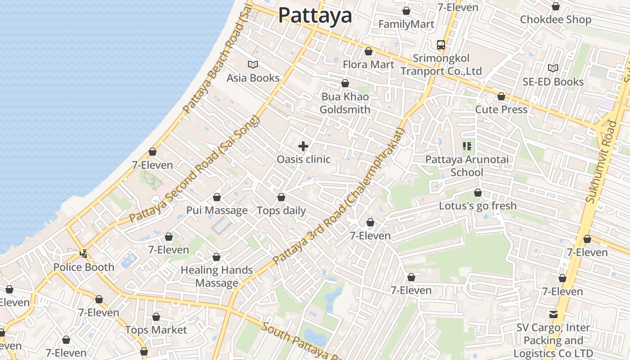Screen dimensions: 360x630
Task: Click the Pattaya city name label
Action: (315, 15)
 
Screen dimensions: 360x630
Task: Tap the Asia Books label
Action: (253, 78)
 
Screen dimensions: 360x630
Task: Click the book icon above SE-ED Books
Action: (553, 68)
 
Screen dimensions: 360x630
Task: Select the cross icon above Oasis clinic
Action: (303, 146)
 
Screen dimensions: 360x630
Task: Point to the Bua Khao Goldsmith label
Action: (345, 103)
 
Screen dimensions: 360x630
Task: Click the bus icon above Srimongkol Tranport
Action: (441, 45)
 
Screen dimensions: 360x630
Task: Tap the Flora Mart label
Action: (368, 64)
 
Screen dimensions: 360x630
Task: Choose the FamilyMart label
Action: (406, 24)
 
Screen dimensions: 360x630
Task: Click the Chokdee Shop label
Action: (555, 19)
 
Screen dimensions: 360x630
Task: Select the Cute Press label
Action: (501, 109)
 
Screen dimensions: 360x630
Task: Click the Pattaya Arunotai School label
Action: (467, 166)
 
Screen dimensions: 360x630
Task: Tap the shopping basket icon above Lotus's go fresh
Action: (478, 193)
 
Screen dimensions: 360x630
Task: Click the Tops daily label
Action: (281, 210)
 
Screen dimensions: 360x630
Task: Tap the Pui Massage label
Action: (217, 210)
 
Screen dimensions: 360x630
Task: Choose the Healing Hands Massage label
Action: (216, 276)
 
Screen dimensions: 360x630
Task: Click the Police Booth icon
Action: (83, 253)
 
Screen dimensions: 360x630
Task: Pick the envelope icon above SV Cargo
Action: (553, 314)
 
